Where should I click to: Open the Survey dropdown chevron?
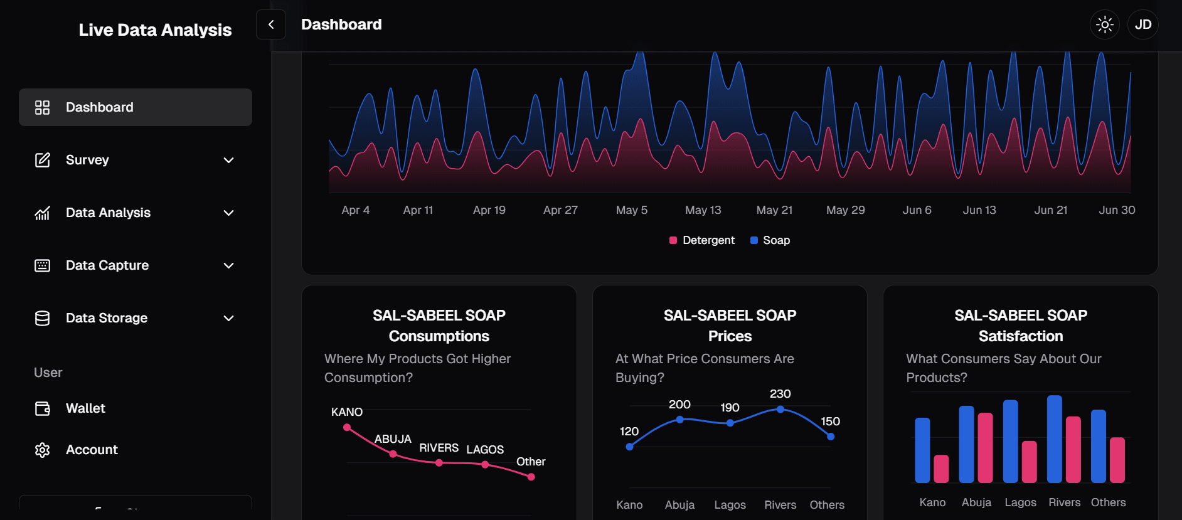pyautogui.click(x=229, y=160)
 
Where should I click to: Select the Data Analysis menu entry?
pyautogui.click(x=108, y=213)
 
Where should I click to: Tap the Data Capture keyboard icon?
pyautogui.click(x=42, y=265)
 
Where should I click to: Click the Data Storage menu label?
pyautogui.click(x=107, y=318)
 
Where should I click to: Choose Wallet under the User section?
pyautogui.click(x=85, y=408)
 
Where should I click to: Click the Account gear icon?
pyautogui.click(x=42, y=450)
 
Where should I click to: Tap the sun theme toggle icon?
pyautogui.click(x=1104, y=25)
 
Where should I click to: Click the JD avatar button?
pyautogui.click(x=1142, y=25)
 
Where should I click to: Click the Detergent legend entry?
pyautogui.click(x=702, y=240)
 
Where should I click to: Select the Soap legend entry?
pyautogui.click(x=770, y=240)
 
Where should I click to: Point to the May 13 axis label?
pyautogui.click(x=703, y=210)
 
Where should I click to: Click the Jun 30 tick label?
pyautogui.click(x=1117, y=210)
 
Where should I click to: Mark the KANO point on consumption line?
pyautogui.click(x=347, y=427)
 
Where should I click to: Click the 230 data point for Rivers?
pyautogui.click(x=780, y=409)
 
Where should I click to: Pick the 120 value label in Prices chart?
pyautogui.click(x=629, y=431)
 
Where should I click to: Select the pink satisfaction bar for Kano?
pyautogui.click(x=941, y=469)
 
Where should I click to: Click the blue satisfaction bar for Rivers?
pyautogui.click(x=1055, y=438)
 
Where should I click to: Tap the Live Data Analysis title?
pyautogui.click(x=155, y=30)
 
